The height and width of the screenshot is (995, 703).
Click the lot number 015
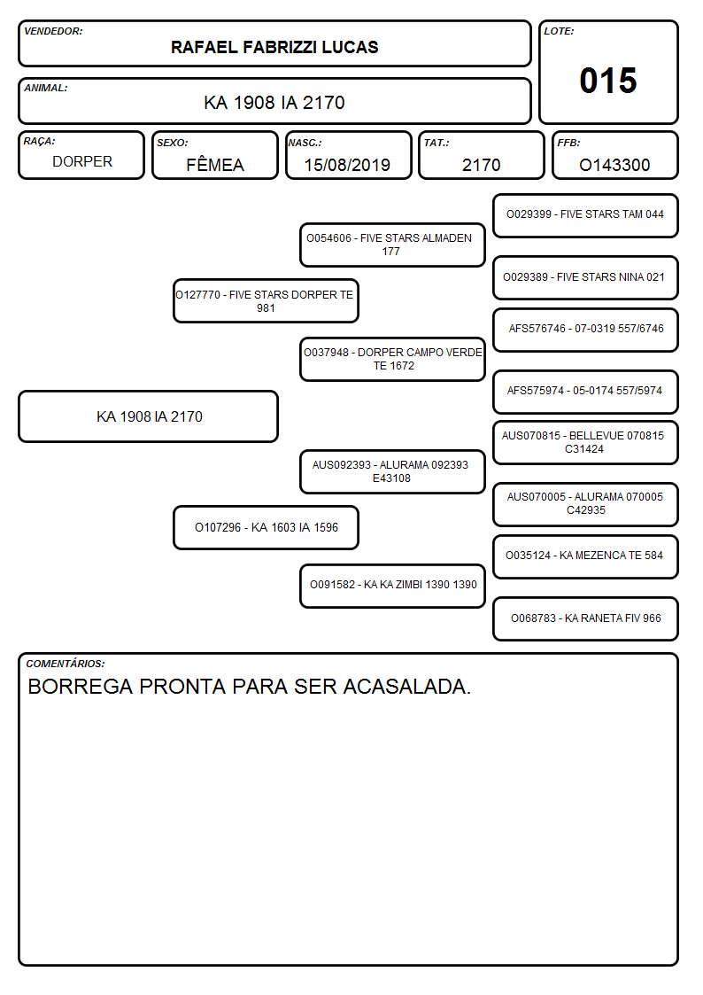[608, 81]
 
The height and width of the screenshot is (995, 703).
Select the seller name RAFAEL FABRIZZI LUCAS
[274, 47]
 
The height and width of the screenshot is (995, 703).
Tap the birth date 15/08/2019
[347, 165]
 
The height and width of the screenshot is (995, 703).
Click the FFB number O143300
[614, 165]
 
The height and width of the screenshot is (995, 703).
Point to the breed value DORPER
[82, 162]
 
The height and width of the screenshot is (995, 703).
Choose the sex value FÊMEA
[215, 164]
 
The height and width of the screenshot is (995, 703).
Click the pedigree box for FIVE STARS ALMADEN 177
[392, 245]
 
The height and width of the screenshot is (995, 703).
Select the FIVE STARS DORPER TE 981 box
[266, 301]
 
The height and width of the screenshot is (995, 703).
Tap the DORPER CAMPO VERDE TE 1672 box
[392, 359]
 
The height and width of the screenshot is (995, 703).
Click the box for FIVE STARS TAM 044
[585, 215]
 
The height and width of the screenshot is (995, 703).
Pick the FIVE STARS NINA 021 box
[585, 277]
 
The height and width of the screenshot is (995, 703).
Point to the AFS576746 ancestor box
[585, 330]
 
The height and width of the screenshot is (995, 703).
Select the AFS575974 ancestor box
[585, 392]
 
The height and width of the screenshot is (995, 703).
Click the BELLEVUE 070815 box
[585, 442]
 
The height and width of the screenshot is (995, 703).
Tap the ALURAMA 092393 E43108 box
[392, 471]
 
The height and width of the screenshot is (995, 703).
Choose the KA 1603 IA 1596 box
[266, 527]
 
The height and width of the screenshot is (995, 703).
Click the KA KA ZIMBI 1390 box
[392, 586]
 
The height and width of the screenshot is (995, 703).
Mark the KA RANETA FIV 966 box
[585, 618]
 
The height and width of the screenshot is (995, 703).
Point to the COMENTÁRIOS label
[66, 664]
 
